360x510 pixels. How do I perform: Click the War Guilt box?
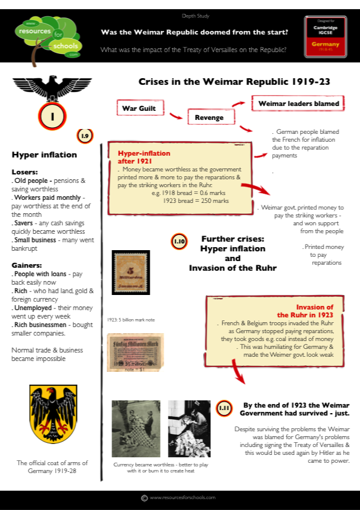pos(140,108)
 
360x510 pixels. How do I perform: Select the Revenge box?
pos(208,117)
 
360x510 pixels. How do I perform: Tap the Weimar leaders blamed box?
pos(299,104)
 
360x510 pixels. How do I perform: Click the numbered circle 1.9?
pos(85,136)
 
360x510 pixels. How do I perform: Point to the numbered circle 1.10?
pos(179,242)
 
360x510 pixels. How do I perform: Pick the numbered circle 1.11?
pos(224,408)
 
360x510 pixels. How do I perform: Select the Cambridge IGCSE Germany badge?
pos(325,36)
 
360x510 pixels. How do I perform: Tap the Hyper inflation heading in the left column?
pos(44,154)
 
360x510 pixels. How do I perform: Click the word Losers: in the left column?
pos(25,171)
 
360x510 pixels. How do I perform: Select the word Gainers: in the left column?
pos(27,265)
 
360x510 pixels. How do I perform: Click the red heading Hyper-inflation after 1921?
pos(144,157)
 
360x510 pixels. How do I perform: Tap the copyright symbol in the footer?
pos(144,497)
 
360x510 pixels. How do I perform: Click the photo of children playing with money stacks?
pos(136,428)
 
